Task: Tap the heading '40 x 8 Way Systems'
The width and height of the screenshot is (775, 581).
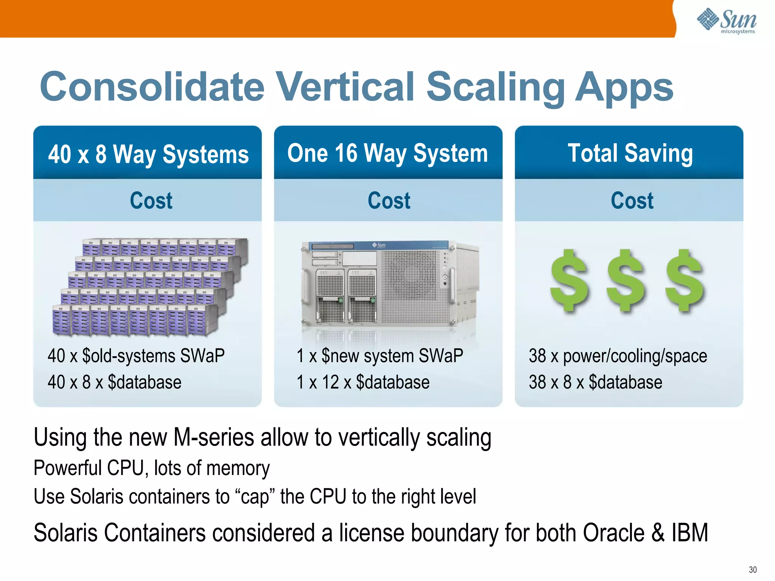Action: coord(148,155)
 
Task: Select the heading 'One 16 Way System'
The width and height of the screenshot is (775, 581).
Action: coord(387,154)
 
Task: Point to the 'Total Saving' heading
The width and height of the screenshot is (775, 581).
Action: coord(630,154)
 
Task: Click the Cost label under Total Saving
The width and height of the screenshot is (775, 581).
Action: coord(632,200)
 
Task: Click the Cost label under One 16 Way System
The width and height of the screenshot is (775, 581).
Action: coord(389,200)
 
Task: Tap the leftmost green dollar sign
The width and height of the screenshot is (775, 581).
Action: coord(569,281)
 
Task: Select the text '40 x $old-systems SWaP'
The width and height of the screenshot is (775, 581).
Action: coord(136,356)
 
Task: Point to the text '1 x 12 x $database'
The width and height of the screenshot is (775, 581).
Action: coord(363,382)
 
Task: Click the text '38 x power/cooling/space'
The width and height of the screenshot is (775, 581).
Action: coord(617,356)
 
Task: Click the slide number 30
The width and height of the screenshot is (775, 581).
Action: coord(752,570)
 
